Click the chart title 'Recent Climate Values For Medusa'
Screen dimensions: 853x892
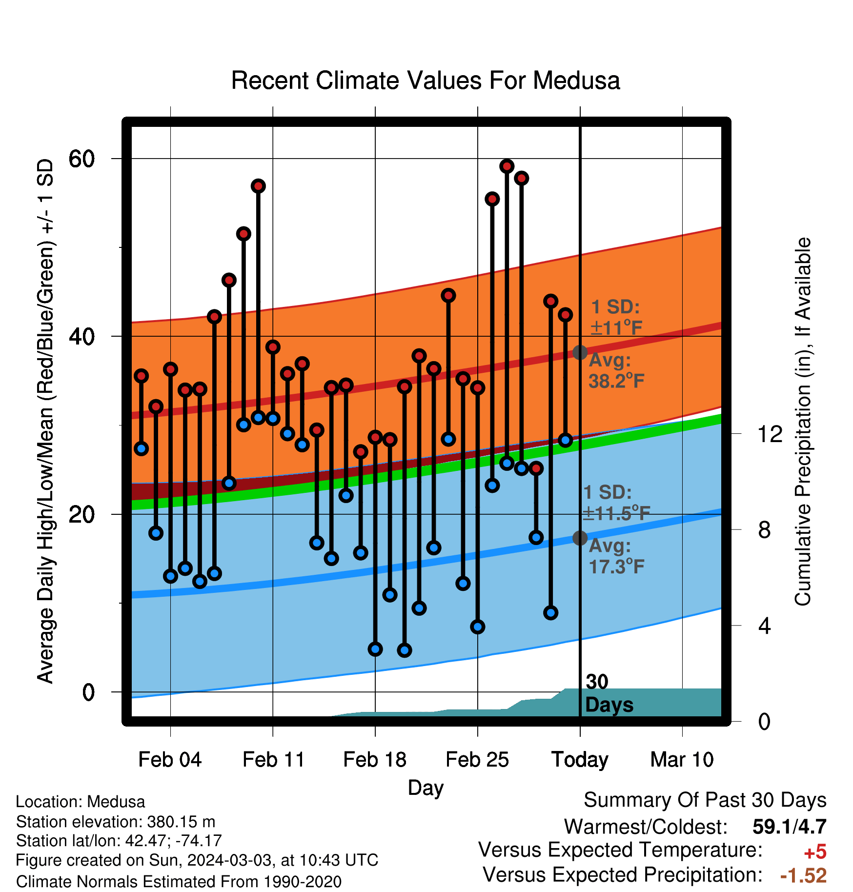426,81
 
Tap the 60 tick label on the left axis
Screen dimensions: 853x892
81,159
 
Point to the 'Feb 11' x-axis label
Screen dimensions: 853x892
273,759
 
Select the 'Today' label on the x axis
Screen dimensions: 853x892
580,760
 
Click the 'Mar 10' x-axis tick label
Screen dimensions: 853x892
682,759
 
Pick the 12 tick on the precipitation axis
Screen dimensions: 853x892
770,434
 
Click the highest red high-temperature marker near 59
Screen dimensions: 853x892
507,166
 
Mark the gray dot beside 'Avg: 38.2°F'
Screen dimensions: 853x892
580,352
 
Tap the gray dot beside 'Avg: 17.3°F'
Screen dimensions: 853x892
580,538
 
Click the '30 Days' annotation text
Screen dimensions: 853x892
609,693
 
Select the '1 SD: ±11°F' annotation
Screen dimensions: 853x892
616,317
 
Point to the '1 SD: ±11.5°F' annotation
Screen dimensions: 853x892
616,503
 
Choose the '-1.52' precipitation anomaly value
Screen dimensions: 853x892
803,875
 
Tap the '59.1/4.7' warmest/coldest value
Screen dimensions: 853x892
790,827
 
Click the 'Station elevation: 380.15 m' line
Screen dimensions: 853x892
116,822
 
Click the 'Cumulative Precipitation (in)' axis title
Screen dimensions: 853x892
803,422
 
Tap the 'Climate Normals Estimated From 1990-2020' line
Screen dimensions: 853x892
179,881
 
